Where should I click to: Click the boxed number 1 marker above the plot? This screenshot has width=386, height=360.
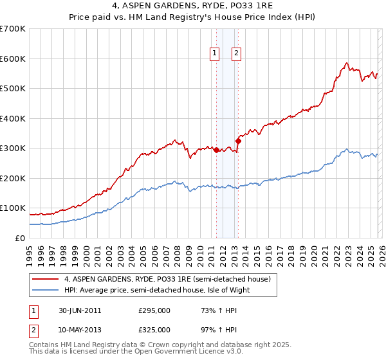click(214, 54)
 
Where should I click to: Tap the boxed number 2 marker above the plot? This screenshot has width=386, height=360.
click(237, 54)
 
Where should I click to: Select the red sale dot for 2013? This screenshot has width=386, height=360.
click(238, 141)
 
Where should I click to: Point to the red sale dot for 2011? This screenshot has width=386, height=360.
click(216, 150)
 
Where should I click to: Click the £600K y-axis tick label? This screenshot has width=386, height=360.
click(13, 59)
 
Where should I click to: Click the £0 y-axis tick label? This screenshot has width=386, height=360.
click(19, 238)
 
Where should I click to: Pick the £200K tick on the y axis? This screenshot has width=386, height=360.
click(13, 178)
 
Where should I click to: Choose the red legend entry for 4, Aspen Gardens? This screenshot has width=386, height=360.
click(170, 279)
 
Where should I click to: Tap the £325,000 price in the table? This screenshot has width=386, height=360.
click(154, 330)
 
